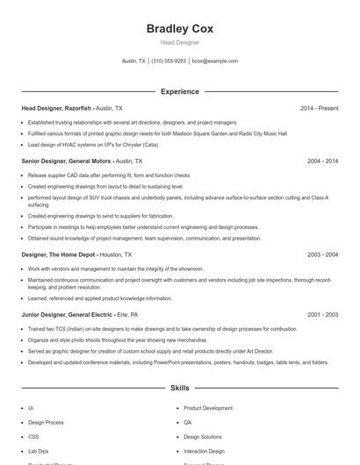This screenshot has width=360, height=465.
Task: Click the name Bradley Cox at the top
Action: (179, 28)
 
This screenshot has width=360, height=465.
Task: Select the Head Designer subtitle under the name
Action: (179, 42)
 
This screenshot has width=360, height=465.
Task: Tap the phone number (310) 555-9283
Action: (169, 61)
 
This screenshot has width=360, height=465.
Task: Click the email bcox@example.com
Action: (215, 61)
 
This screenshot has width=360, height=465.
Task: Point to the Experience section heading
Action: (179, 91)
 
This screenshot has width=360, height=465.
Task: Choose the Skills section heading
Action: (179, 387)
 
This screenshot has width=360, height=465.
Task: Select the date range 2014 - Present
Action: (319, 108)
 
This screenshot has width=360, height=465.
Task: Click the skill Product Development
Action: (208, 408)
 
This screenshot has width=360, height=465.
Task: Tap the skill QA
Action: (188, 422)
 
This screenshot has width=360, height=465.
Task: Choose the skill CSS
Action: (33, 436)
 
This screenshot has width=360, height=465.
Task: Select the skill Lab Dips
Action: (37, 450)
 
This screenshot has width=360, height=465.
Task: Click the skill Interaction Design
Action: (204, 450)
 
